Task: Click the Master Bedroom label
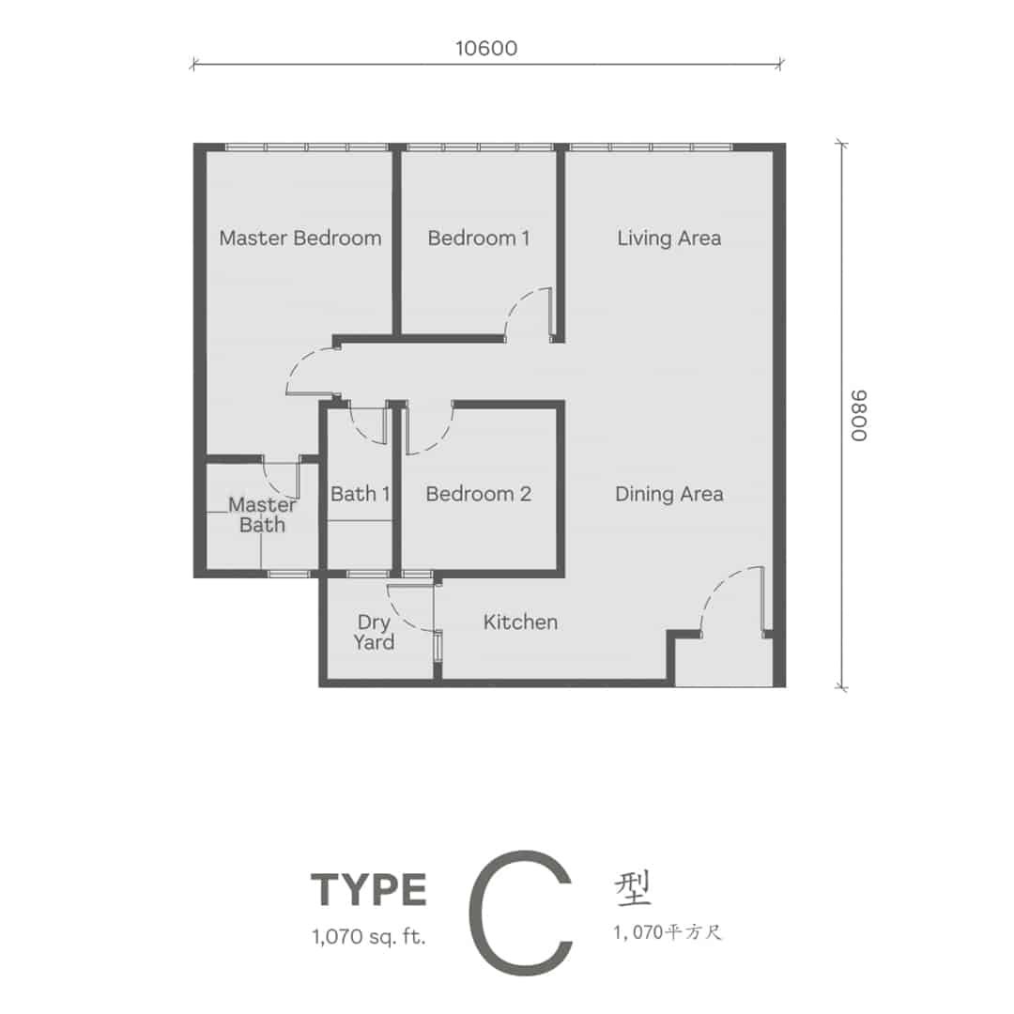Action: coord(300,238)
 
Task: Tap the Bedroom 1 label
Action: coord(479,238)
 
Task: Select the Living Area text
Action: coord(668,238)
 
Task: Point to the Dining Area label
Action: coord(668,495)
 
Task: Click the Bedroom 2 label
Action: coord(479,494)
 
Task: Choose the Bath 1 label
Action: coord(361,494)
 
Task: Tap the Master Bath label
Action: coord(262,515)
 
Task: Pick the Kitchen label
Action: coord(520,622)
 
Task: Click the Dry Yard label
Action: coord(374,633)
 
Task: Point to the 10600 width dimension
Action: coord(486,49)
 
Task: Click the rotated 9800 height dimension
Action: coord(859,416)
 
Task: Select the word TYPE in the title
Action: coord(369,890)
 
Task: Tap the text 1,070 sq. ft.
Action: coord(369,937)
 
